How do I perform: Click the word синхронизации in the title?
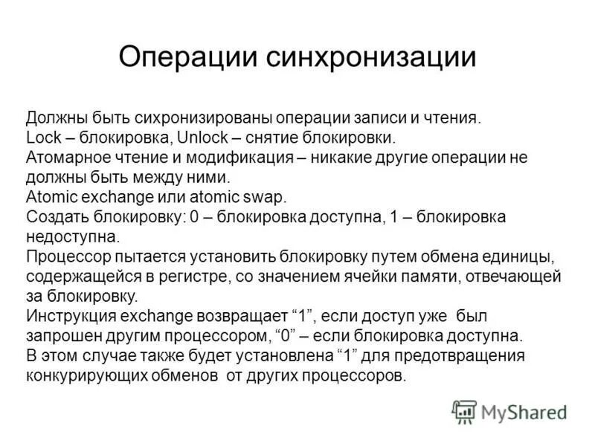370,57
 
